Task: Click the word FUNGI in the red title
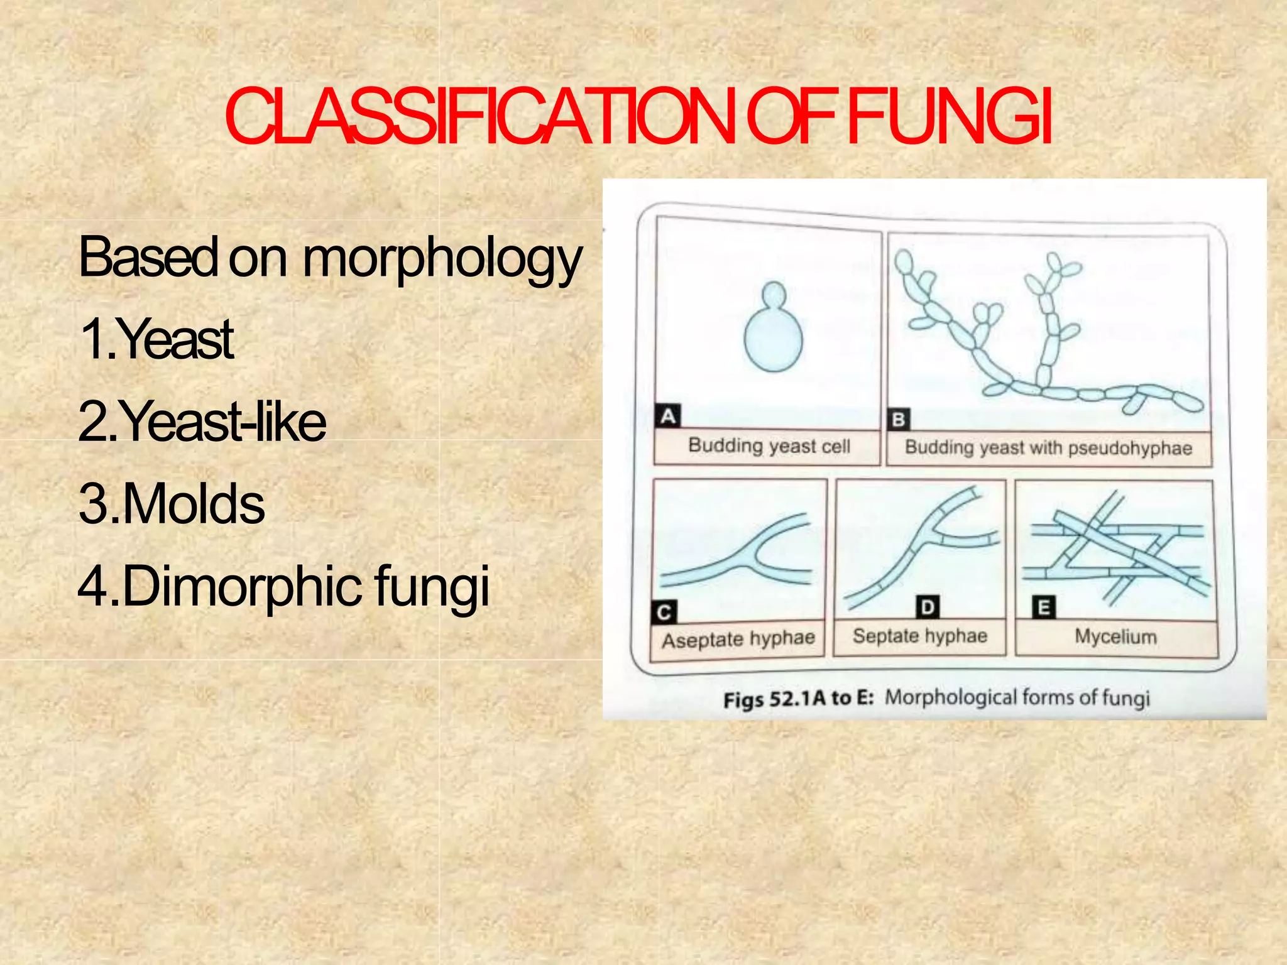click(949, 117)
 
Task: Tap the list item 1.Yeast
click(156, 340)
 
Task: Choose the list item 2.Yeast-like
click(202, 422)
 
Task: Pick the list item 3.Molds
click(172, 504)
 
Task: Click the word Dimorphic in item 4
click(243, 586)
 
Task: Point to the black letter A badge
click(667, 417)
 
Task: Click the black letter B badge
click(899, 420)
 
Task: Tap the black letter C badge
click(664, 613)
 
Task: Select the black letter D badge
click(928, 608)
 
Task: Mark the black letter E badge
click(1044, 608)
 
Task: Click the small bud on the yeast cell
click(774, 295)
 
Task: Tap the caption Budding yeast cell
click(769, 446)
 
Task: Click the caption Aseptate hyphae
click(738, 640)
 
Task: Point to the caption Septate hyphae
click(920, 636)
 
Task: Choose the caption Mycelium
click(1115, 637)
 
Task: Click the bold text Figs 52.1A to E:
click(798, 699)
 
